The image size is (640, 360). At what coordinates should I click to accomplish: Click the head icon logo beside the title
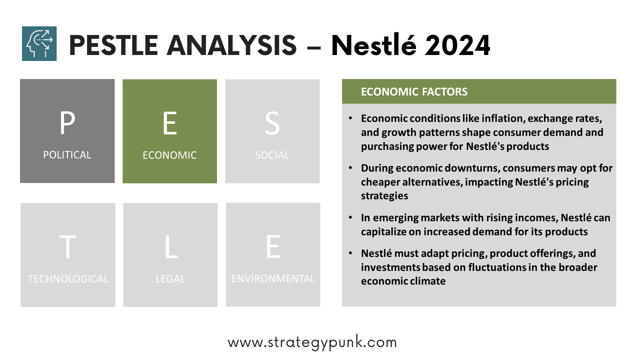point(39,44)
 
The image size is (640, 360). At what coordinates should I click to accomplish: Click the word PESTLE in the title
point(113,45)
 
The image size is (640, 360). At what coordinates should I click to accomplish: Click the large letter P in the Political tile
point(67,123)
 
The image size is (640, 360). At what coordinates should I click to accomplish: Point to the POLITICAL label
point(67,155)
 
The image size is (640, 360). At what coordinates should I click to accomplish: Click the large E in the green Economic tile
point(170,123)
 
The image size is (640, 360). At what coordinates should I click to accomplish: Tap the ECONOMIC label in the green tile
point(170,155)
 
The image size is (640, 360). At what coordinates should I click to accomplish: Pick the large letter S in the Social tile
point(272,123)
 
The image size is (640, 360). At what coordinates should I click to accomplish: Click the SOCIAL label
point(272,155)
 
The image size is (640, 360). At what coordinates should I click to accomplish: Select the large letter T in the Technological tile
point(68,247)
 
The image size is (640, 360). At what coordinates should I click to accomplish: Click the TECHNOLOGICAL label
point(68,279)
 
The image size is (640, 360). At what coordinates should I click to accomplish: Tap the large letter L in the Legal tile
point(171,247)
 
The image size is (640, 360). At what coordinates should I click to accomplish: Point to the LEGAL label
point(170,279)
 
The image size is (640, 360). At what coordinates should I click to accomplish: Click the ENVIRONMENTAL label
point(273,279)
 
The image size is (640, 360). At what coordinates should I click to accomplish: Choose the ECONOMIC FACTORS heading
point(414,92)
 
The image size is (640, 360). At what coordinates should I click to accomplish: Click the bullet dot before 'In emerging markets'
point(350,218)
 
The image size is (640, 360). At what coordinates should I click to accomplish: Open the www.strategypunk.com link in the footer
point(312,342)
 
